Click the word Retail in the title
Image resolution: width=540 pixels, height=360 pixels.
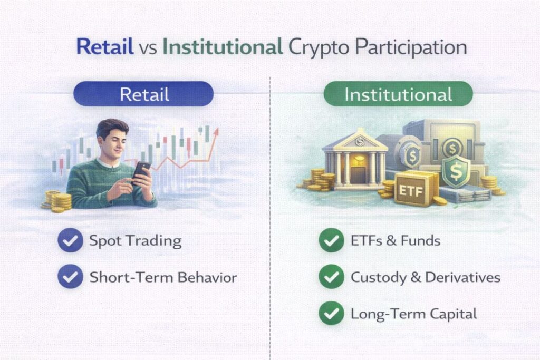click(x=105, y=47)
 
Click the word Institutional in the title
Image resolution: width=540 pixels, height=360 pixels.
click(x=223, y=47)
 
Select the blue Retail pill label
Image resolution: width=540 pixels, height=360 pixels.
click(x=143, y=94)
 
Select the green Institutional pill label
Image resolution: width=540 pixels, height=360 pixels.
click(x=398, y=94)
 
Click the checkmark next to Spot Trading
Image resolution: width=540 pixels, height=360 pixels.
click(x=70, y=240)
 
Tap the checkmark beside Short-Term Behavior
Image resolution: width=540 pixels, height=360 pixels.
click(x=70, y=276)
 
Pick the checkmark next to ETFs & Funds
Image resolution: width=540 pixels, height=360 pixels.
click(x=331, y=240)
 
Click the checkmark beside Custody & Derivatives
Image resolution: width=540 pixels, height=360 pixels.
click(x=331, y=276)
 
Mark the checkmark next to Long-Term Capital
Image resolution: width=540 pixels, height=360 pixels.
click(x=331, y=313)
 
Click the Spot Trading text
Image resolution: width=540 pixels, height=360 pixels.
click(x=136, y=241)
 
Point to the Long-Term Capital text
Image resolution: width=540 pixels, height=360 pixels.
click(x=413, y=314)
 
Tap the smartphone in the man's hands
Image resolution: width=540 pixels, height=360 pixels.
click(x=141, y=173)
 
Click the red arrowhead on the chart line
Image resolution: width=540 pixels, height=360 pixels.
click(x=216, y=132)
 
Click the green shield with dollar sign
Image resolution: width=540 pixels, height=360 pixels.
click(x=456, y=171)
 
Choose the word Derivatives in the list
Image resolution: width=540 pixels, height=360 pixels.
click(x=462, y=277)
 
